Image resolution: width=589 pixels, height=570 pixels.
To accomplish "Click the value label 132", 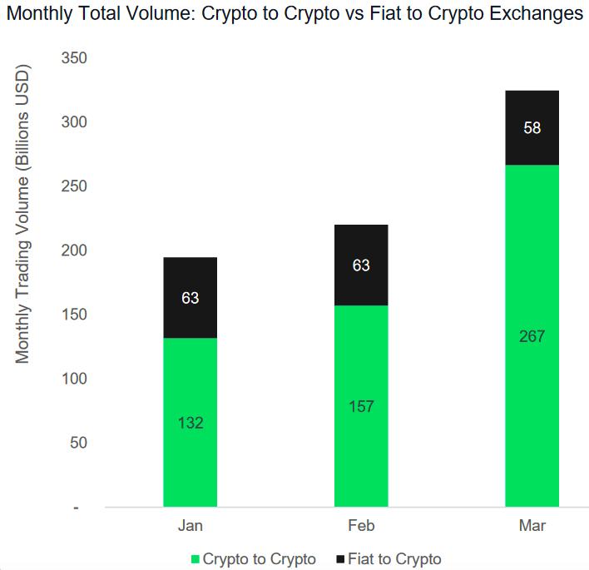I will click(x=190, y=423).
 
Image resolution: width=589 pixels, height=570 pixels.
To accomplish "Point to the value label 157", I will click(x=361, y=407).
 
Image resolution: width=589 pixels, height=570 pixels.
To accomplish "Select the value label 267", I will click(x=532, y=336).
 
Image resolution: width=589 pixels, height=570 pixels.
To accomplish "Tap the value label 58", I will click(x=532, y=128).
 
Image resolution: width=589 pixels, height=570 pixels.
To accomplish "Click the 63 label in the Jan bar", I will click(x=190, y=297).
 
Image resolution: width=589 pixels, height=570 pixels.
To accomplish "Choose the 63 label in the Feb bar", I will click(x=361, y=266).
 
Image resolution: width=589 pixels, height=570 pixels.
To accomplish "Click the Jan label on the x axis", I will click(x=190, y=526).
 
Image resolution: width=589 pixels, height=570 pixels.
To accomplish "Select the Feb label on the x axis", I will click(x=361, y=526).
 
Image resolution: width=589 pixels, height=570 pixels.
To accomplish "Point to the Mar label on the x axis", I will click(x=532, y=526).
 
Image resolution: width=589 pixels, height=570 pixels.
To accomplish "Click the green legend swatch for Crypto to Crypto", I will click(x=196, y=559).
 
